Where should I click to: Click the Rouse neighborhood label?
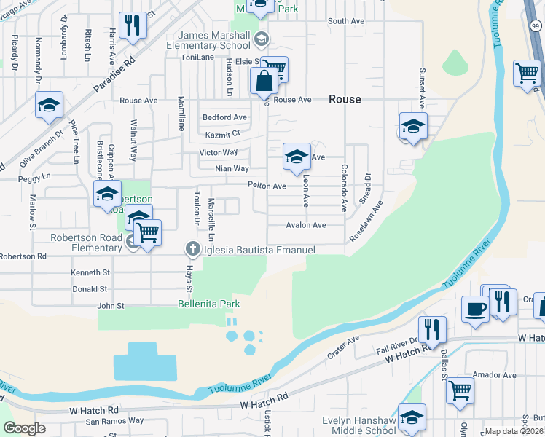coord(345,99)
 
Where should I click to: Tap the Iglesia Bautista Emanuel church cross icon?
coord(193,250)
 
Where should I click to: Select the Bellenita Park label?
coord(209,304)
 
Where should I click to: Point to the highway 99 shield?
coord(536,27)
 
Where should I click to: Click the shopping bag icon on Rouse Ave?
coord(263,82)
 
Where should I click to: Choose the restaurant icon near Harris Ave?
coord(132,25)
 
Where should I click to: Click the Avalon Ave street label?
coord(306,225)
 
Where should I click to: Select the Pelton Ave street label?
coord(267,186)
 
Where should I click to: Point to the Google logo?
coord(24,428)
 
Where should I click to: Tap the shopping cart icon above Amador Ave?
coord(460,390)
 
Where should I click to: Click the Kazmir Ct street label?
coord(221,135)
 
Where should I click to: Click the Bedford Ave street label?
coord(224,117)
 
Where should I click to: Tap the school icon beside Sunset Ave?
coord(412,127)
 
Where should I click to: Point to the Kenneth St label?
coord(90,272)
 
